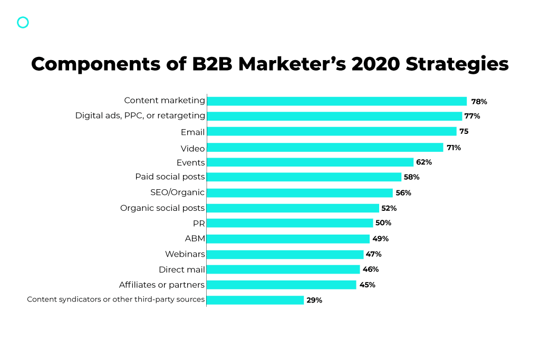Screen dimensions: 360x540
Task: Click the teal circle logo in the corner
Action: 23,22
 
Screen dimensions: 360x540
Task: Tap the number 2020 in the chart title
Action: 374,64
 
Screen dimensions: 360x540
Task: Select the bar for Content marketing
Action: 337,101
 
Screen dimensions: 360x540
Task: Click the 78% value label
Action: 479,101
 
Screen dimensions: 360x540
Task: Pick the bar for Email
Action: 332,132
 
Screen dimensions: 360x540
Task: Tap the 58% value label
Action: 411,177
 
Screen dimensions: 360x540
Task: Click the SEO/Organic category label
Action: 177,192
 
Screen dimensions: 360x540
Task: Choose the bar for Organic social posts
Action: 293,208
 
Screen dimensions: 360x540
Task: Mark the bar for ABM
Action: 288,239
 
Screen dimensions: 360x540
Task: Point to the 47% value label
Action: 373,254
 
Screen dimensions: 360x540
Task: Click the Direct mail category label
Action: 181,269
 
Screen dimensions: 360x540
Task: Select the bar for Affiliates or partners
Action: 282,285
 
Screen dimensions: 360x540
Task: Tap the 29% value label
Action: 314,300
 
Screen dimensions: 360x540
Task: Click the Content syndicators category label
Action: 115,299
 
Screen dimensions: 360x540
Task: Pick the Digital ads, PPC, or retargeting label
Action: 140,115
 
